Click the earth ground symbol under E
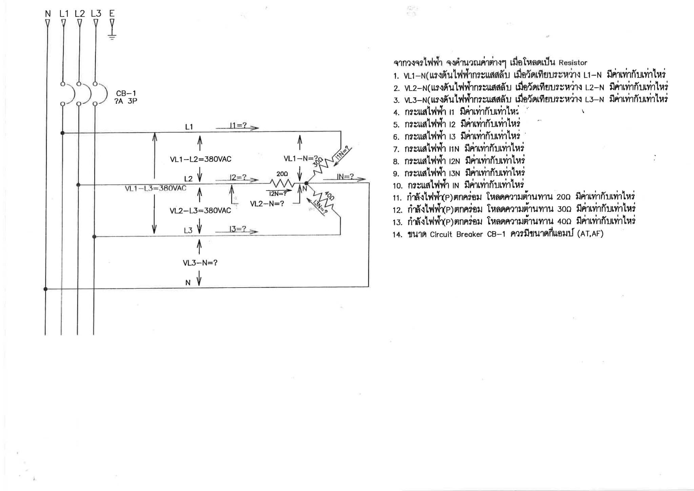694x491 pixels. coord(112,36)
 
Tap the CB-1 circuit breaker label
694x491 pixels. coord(126,94)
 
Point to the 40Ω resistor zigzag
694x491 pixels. coord(322,200)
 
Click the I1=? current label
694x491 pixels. coord(239,126)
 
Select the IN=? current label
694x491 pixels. coord(345,177)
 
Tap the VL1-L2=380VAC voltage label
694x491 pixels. coord(201,159)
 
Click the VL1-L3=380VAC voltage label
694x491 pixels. coord(156,188)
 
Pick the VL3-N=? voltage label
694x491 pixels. coord(200,263)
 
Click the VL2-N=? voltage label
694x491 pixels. coord(267,204)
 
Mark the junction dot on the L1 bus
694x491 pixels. coord(62,133)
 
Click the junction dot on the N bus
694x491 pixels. coord(45,289)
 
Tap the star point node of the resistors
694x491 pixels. coord(306,183)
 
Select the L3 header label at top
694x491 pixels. coord(96,14)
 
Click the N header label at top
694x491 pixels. coord(47,14)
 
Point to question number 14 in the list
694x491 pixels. coord(397,235)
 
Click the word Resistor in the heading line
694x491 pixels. coord(573,63)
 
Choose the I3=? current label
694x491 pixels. coord(238,229)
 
